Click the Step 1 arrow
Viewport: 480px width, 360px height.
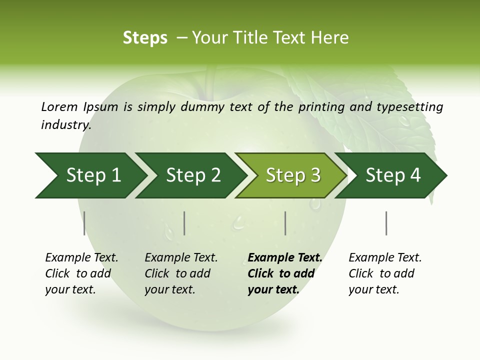[92, 175]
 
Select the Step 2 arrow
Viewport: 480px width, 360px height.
[192, 175]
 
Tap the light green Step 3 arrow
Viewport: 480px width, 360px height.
[292, 175]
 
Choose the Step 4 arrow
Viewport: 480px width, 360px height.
[392, 175]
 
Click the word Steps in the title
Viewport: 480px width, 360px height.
[145, 38]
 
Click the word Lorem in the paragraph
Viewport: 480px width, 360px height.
[59, 106]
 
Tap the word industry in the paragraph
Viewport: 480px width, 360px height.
[65, 124]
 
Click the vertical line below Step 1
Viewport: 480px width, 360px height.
[84, 223]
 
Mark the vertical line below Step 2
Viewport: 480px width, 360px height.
[184, 223]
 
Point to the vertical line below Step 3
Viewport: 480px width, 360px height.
[285, 223]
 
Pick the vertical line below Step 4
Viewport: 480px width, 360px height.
[386, 223]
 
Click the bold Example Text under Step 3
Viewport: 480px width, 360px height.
[285, 258]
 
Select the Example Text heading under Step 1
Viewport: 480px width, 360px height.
[81, 258]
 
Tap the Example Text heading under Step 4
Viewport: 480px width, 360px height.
[385, 258]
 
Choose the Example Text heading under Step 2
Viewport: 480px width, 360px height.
[181, 258]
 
